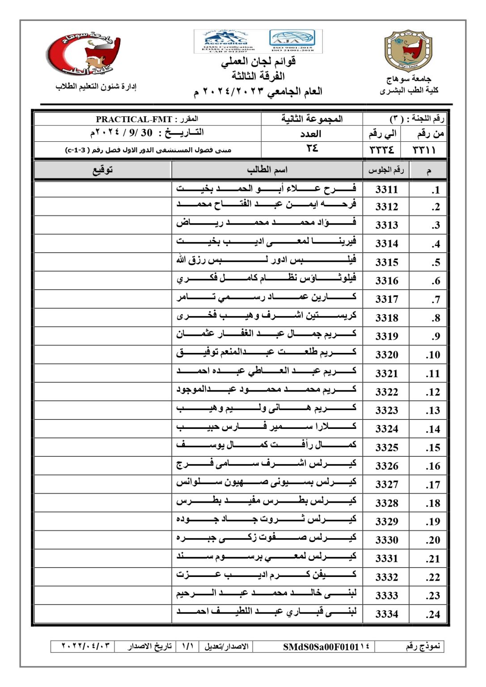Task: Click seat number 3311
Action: (x=386, y=189)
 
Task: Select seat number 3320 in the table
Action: (x=386, y=355)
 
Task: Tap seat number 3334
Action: (x=386, y=614)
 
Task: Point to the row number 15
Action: (x=433, y=448)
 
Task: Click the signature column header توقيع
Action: (x=102, y=170)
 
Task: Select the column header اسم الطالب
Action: (x=267, y=170)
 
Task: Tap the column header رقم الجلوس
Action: (x=386, y=170)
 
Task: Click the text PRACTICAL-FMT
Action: (x=134, y=119)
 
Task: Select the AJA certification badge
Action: (x=293, y=41)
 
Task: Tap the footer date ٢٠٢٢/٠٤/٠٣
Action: (x=85, y=646)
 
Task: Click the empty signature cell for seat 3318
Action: (x=102, y=317)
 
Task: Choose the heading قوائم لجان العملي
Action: (x=258, y=62)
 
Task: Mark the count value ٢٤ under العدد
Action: (x=312, y=148)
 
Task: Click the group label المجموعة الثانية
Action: (x=312, y=119)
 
